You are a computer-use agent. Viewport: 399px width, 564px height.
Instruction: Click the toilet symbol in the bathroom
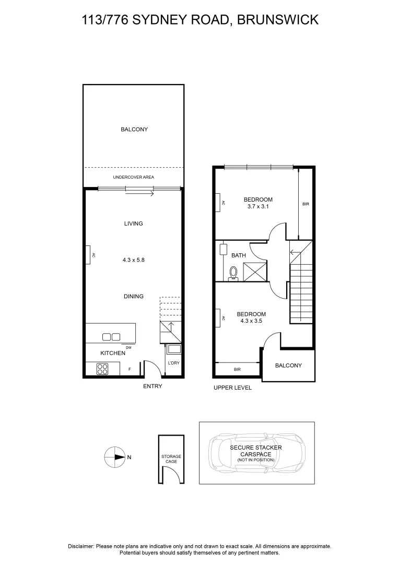tap(233, 273)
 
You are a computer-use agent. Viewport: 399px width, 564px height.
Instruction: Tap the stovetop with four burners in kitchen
tap(102, 369)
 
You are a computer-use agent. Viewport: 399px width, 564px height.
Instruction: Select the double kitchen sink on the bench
tap(111, 337)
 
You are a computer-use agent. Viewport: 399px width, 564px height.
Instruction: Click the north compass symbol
tap(113, 457)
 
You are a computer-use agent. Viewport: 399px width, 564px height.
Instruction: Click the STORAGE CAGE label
tap(171, 459)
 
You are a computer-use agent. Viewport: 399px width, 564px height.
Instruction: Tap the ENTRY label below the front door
tap(152, 386)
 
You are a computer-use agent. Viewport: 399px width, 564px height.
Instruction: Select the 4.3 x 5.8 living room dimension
tap(133, 258)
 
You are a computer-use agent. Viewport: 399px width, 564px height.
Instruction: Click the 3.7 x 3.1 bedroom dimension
tap(258, 207)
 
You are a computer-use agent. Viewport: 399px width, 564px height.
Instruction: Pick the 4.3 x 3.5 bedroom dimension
tap(251, 322)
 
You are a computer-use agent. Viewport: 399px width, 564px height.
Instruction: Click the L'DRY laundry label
tap(173, 363)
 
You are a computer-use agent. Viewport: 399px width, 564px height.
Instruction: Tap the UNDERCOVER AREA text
tap(133, 177)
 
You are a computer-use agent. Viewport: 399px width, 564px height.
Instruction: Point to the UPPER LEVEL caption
tap(232, 387)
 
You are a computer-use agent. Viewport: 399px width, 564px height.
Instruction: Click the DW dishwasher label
tap(128, 347)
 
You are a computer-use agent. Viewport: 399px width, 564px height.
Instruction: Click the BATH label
tap(239, 255)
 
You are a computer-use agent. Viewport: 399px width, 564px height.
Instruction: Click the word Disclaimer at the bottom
tap(81, 546)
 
